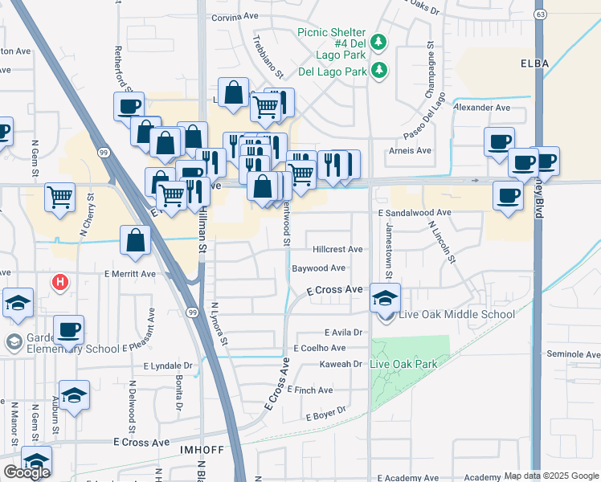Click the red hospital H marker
[x=59, y=282]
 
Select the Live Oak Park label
[x=403, y=364]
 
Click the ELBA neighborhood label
[x=534, y=62]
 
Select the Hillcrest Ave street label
[x=337, y=250]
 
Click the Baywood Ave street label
[x=318, y=268]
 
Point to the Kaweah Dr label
[x=344, y=364]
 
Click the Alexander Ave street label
[x=482, y=107]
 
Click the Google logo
[x=27, y=472]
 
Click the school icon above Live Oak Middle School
[x=385, y=297]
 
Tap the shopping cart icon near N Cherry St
[x=60, y=197]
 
